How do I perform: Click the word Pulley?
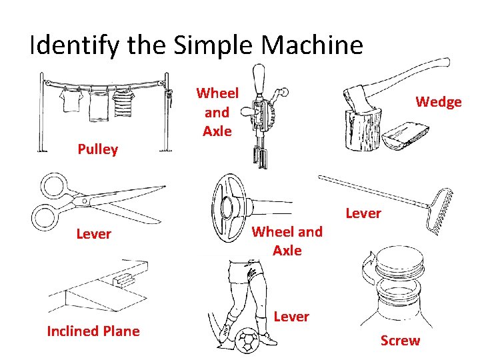tap(97, 149)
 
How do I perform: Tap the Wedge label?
tap(438, 102)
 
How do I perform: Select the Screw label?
tap(400, 341)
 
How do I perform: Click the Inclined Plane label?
tap(93, 331)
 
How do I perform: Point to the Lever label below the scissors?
tap(93, 234)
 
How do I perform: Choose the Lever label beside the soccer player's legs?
tap(291, 317)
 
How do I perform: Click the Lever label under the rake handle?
tap(363, 213)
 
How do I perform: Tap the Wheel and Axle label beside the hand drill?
tap(217, 112)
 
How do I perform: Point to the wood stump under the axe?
tap(363, 130)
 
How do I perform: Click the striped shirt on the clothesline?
tap(122, 103)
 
